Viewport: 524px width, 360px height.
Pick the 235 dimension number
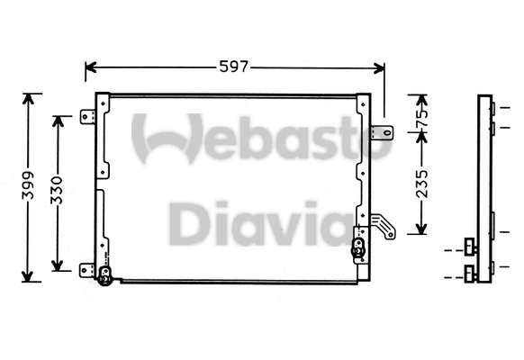pos(421,182)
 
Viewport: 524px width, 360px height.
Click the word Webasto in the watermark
pos(261,139)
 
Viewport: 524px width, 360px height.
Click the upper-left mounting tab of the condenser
pos(88,117)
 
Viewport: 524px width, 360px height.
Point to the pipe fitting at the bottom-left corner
pos(104,278)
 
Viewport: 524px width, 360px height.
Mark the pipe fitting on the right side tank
pos(359,247)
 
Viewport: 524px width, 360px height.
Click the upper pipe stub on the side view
pos(470,245)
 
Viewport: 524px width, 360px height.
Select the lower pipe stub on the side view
pos(470,270)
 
